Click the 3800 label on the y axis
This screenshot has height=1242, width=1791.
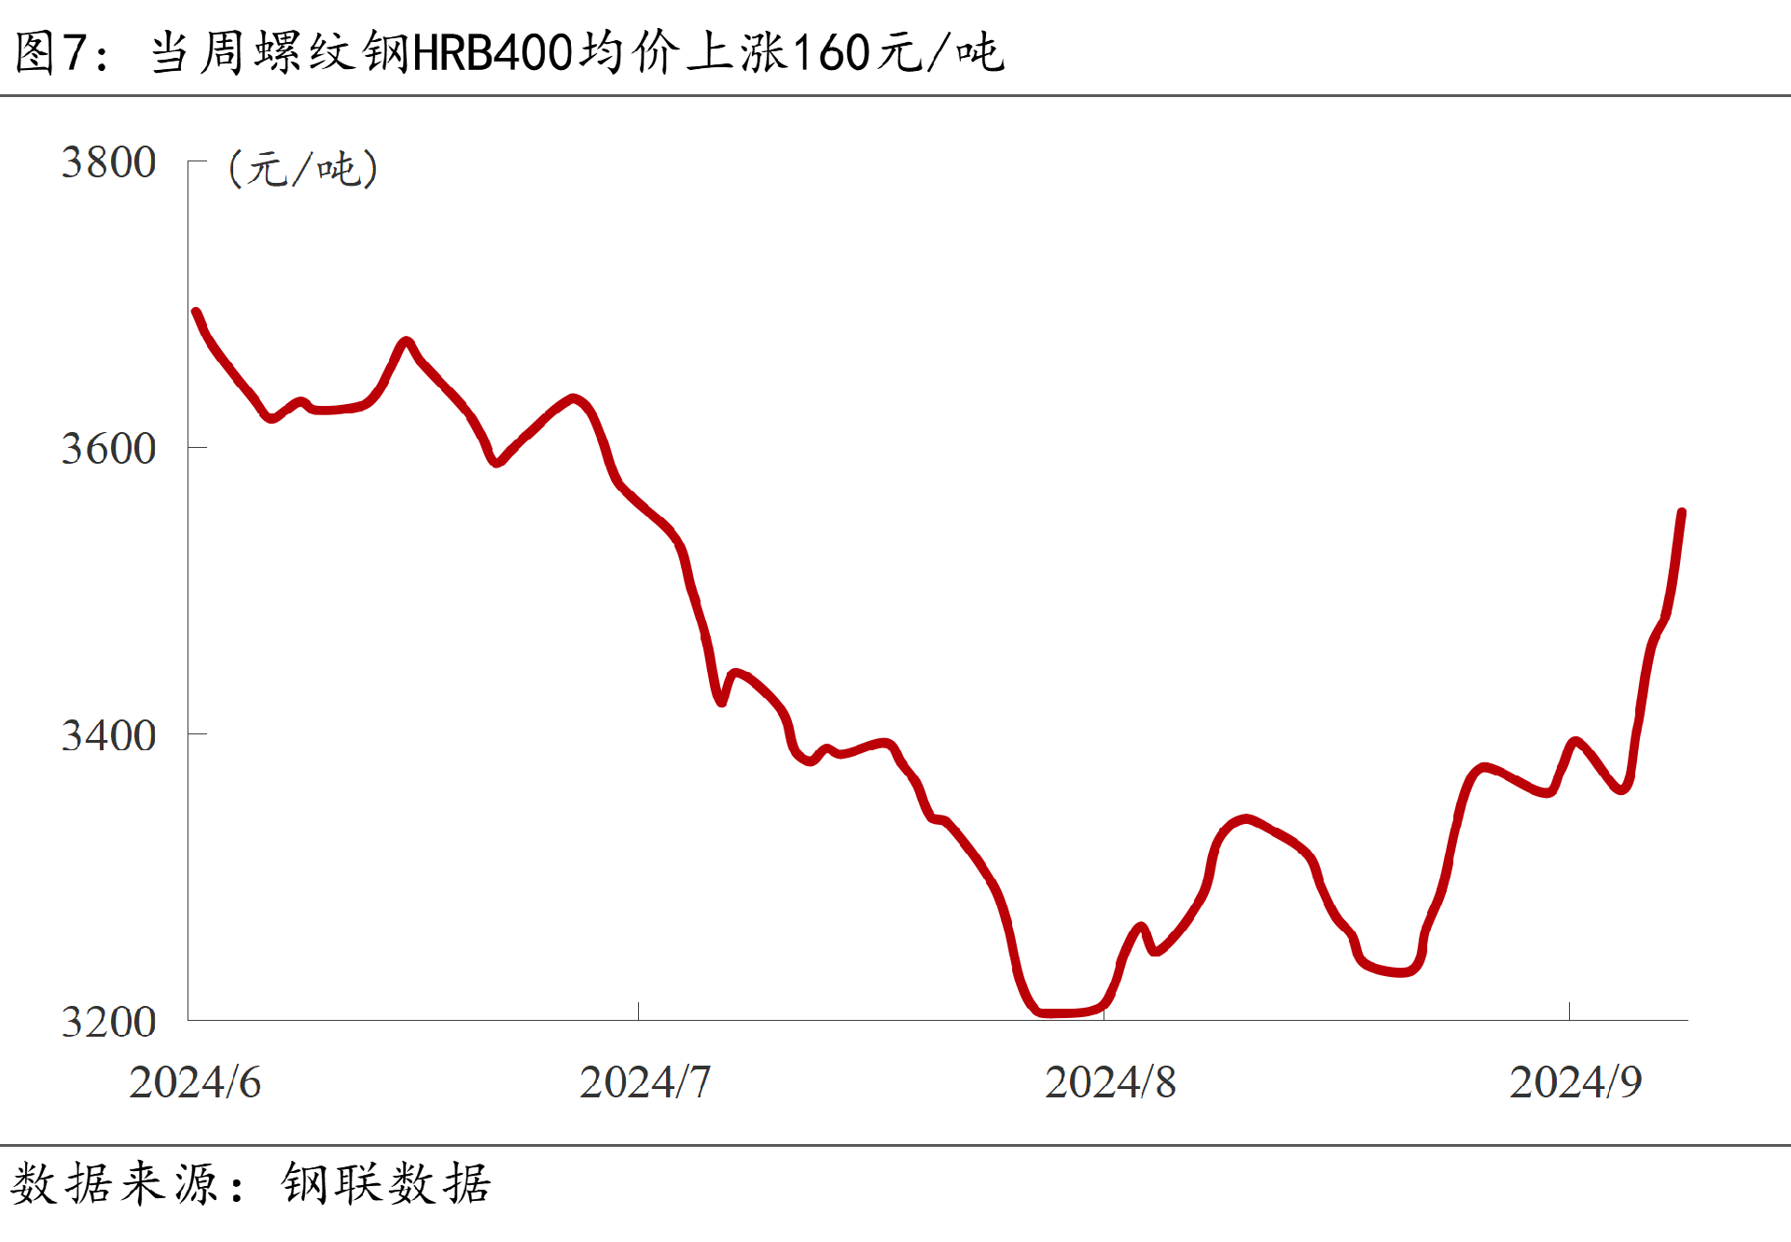[108, 162]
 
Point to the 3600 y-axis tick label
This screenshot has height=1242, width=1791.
[108, 449]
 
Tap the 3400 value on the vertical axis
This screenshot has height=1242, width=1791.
[108, 735]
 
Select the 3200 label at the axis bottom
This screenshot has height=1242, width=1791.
[108, 1022]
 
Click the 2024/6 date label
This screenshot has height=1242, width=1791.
[195, 1082]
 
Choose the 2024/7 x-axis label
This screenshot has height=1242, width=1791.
[645, 1082]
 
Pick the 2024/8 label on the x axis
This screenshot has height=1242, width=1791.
[1110, 1082]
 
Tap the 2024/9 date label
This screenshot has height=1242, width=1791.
[1576, 1082]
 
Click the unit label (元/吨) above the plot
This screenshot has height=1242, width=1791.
[303, 169]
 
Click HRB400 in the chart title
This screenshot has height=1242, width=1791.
[492, 52]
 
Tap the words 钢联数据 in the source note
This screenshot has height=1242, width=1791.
[386, 1184]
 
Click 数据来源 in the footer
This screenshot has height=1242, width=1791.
[114, 1184]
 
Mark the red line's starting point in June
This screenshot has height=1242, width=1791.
[196, 313]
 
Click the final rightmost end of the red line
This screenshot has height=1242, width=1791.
[1682, 512]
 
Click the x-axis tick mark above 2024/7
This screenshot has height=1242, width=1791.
[638, 1012]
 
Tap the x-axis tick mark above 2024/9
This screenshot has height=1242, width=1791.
[1569, 1012]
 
